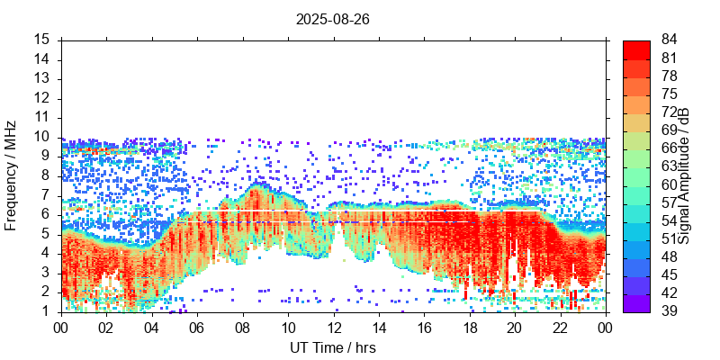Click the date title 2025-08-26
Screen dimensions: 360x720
[x=332, y=18]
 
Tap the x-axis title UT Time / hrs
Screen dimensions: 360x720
[x=332, y=347]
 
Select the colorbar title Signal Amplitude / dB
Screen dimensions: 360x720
[x=684, y=175]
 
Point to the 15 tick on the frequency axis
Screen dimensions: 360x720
[x=41, y=40]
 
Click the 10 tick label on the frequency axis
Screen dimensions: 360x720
[x=41, y=137]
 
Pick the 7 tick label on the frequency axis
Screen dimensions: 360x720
[x=45, y=194]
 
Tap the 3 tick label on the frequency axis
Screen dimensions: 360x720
[x=45, y=272]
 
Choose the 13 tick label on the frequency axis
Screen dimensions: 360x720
[x=41, y=78]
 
